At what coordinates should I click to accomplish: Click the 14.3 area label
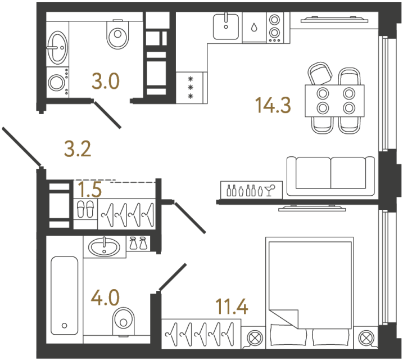pos(273,105)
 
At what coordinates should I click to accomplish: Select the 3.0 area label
pos(106,82)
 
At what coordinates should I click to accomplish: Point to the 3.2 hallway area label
pos(77,149)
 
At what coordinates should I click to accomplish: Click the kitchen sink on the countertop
pos(227,26)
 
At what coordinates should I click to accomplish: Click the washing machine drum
pos(56,83)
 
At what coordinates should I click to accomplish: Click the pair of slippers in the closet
pos(85,209)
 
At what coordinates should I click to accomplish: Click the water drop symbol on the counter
pos(254,26)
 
